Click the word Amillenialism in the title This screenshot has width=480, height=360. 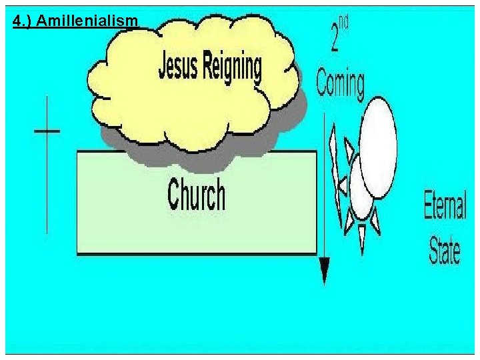coord(87,22)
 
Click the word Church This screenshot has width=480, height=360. coord(196,195)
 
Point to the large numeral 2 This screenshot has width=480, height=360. coord(336,37)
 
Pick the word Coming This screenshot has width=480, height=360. coord(340,85)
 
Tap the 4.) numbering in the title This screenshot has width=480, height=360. coord(23,22)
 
